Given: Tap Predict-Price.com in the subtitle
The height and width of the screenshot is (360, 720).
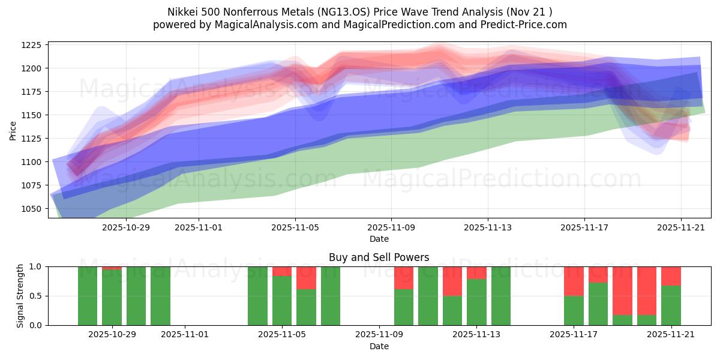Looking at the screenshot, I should click(x=521, y=25).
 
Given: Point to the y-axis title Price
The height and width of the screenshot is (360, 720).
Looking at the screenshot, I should click(x=13, y=130).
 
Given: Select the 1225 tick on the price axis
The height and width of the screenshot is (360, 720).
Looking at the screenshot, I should click(x=31, y=45).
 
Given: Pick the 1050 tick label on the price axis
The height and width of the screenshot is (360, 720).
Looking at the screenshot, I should click(x=31, y=209).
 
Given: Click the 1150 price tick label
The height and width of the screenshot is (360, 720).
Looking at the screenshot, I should click(x=31, y=115).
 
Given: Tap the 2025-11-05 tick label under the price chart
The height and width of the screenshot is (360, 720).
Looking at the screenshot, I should click(x=295, y=228).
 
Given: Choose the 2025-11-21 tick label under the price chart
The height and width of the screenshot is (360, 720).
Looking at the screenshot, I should click(x=680, y=228).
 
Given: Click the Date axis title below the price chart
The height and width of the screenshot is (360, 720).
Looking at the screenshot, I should click(x=379, y=239).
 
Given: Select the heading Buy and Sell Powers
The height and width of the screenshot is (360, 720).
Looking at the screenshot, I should click(x=379, y=258).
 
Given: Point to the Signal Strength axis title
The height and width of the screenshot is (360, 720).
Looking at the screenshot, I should click(x=20, y=296).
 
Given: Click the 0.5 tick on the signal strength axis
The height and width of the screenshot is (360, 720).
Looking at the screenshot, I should click(x=35, y=296).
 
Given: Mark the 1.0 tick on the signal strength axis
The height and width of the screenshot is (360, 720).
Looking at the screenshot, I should click(x=35, y=266).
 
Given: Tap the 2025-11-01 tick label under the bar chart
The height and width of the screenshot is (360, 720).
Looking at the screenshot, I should click(x=185, y=335).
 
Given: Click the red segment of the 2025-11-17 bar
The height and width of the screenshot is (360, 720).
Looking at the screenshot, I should click(x=574, y=281).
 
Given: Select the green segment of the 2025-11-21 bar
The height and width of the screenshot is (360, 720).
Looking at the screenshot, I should click(x=671, y=305).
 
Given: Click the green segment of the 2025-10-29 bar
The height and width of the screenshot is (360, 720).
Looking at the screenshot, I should click(x=112, y=298).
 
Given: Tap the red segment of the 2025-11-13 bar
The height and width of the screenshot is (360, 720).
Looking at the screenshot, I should click(x=476, y=273).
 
